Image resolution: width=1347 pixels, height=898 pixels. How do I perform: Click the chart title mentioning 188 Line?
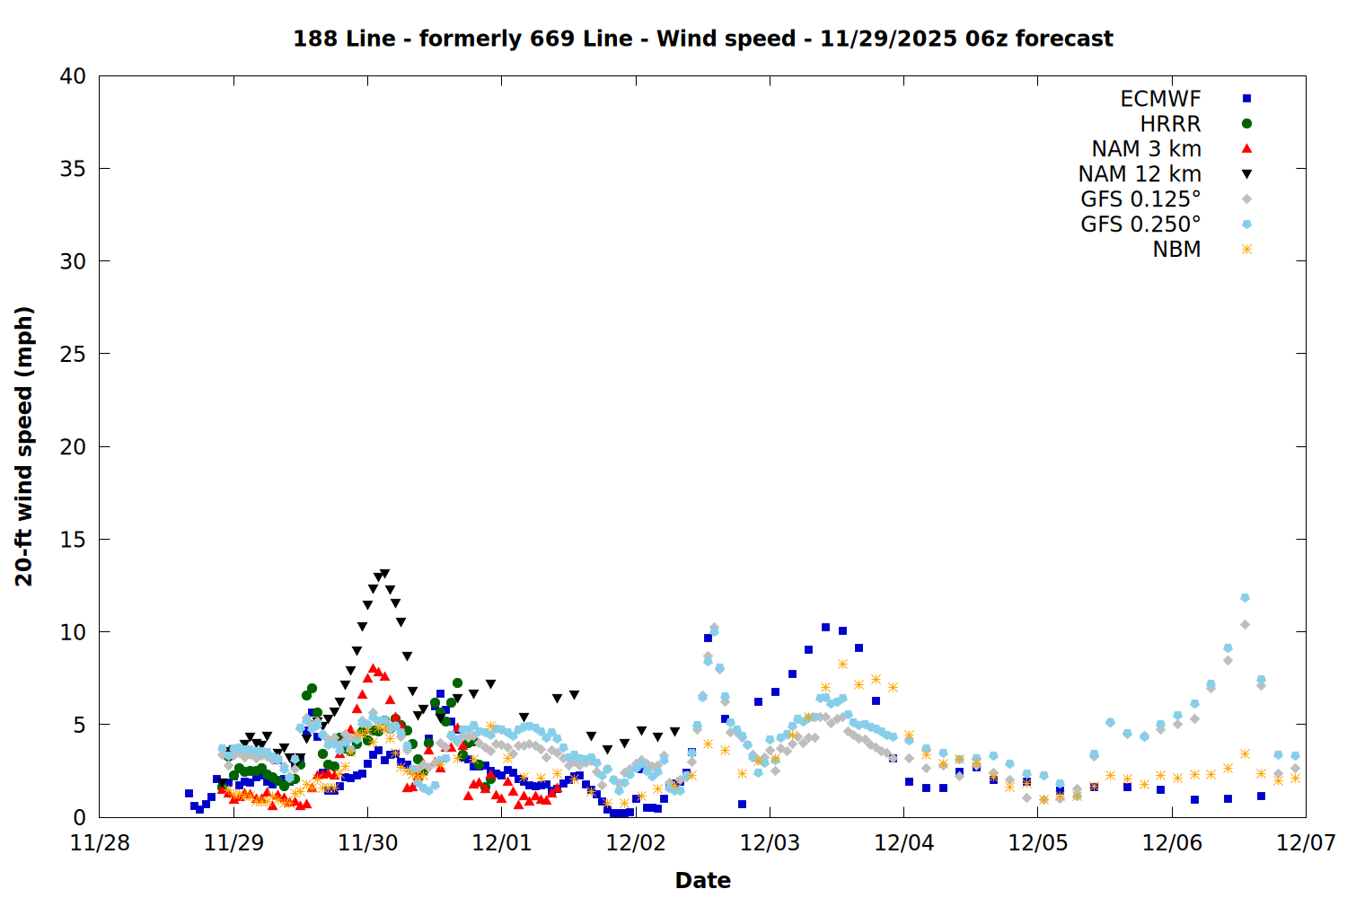click(702, 39)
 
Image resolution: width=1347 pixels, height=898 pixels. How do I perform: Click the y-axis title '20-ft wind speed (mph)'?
click(24, 446)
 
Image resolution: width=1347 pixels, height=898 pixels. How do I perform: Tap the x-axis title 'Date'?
click(702, 880)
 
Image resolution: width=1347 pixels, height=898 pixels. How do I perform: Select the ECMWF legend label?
click(1160, 99)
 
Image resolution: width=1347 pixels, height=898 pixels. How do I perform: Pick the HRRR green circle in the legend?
click(1246, 124)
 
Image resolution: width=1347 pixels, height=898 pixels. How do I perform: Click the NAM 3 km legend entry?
click(1146, 149)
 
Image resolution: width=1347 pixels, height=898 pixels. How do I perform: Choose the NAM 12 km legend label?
click(1140, 174)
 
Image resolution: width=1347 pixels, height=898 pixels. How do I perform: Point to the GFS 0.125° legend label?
click(1140, 199)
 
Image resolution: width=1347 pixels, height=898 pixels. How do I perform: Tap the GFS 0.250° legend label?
click(1140, 224)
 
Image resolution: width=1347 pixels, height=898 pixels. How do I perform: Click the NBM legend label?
click(1176, 250)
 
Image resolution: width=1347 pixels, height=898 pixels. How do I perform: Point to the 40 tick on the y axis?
click(74, 76)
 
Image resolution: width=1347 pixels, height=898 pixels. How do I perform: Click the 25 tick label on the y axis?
click(74, 354)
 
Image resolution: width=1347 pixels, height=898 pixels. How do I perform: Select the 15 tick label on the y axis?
click(74, 539)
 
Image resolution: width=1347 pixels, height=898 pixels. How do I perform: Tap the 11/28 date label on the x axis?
click(100, 843)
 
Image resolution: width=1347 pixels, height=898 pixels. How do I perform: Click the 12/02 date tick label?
click(636, 843)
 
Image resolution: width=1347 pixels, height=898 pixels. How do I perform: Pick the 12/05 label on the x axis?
click(1038, 843)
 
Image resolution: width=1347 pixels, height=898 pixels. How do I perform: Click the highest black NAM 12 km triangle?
click(385, 573)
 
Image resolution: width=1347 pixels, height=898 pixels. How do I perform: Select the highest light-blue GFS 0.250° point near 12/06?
click(1245, 597)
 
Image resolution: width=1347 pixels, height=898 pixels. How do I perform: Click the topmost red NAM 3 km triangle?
click(373, 668)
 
